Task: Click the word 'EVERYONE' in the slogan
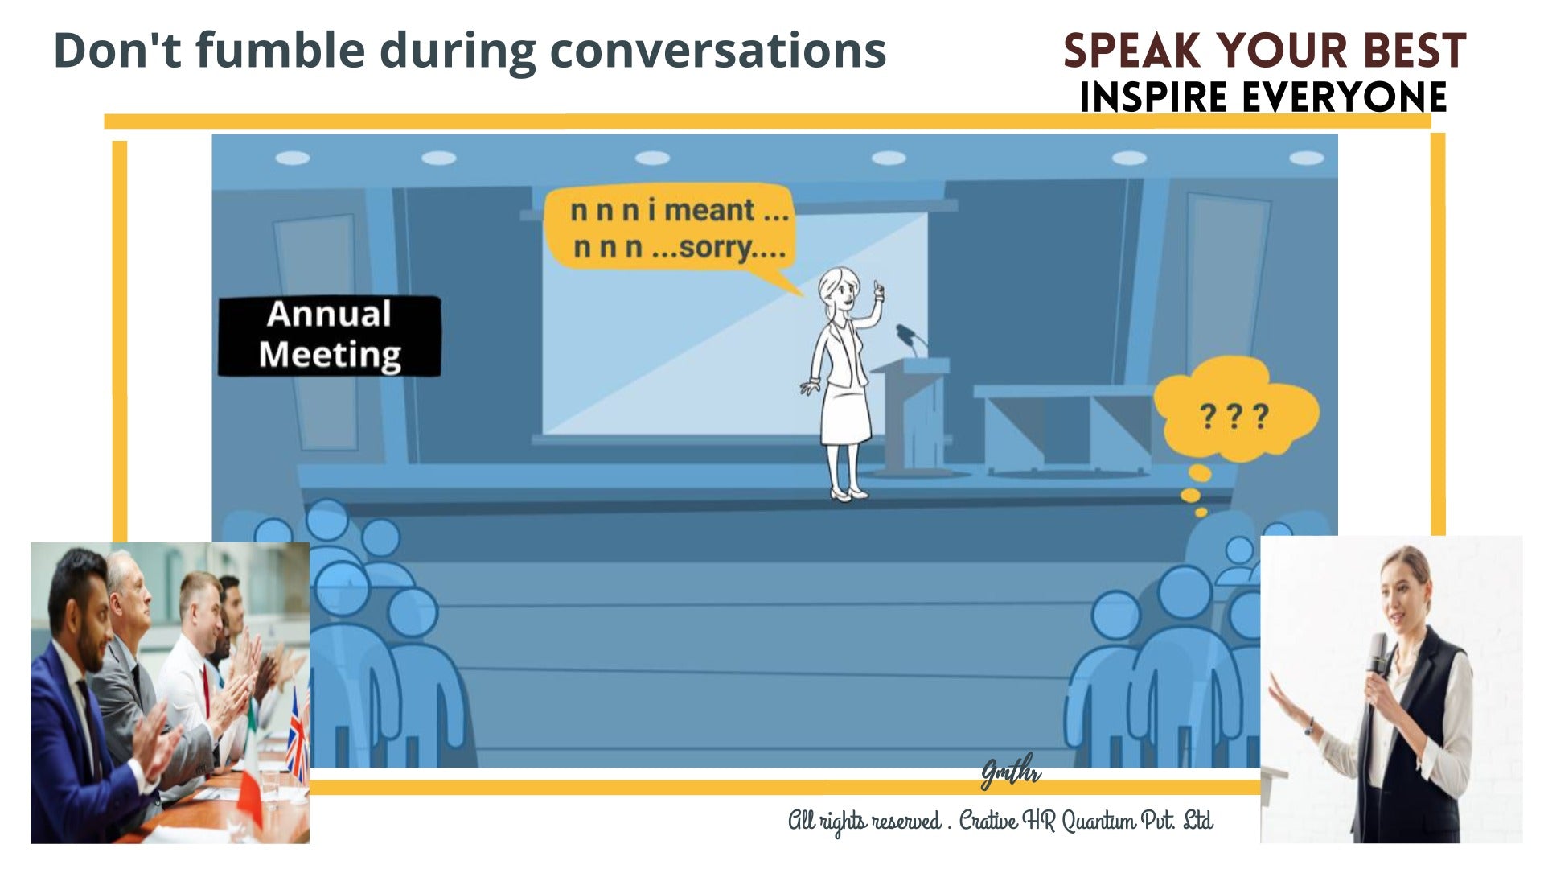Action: pyautogui.click(x=1344, y=97)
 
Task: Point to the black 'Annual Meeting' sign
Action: pyautogui.click(x=330, y=336)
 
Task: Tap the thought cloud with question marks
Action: pyautogui.click(x=1234, y=414)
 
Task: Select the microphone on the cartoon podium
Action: pyautogui.click(x=907, y=333)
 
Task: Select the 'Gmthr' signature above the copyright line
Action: pyautogui.click(x=1010, y=773)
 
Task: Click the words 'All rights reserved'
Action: pyautogui.click(x=864, y=821)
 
